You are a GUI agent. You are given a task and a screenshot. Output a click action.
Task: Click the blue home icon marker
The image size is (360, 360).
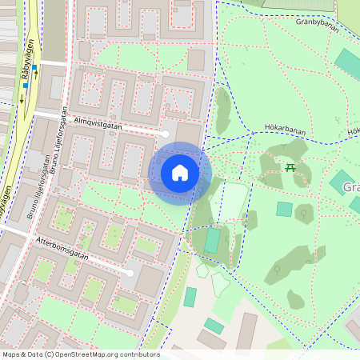tap(180, 173)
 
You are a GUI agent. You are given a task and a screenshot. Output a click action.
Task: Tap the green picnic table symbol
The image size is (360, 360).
tap(290, 167)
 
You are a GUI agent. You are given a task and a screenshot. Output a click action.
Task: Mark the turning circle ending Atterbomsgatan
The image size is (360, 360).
tap(130, 273)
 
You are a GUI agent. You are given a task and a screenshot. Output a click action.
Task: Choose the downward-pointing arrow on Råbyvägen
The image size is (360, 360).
tap(22, 99)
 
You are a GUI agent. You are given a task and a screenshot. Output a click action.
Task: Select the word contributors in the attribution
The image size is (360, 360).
tap(137, 354)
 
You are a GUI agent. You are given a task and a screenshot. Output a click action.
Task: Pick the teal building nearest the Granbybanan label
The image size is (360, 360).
tap(347, 62)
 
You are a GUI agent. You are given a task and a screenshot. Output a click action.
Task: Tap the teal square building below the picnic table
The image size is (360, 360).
tap(284, 209)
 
